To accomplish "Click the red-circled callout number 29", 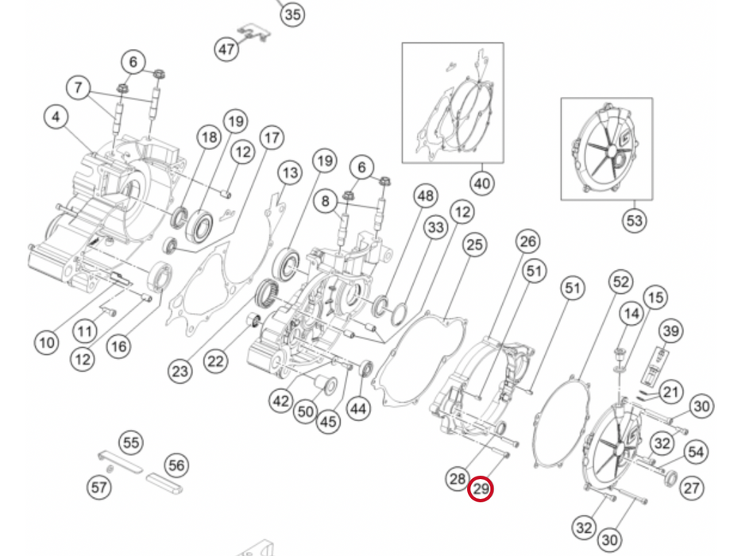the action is [x=481, y=489].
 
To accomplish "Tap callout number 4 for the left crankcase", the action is [x=56, y=117].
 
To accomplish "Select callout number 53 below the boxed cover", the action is [x=635, y=220].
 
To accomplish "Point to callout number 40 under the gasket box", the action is [x=482, y=183].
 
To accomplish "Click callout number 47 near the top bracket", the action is [x=226, y=49].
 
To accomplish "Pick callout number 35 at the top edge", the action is [x=292, y=14].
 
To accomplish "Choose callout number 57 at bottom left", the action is [x=99, y=488].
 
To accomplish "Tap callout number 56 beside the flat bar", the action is [x=176, y=465].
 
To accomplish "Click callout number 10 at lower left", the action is [x=47, y=343].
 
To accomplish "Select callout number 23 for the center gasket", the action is [x=180, y=371].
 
